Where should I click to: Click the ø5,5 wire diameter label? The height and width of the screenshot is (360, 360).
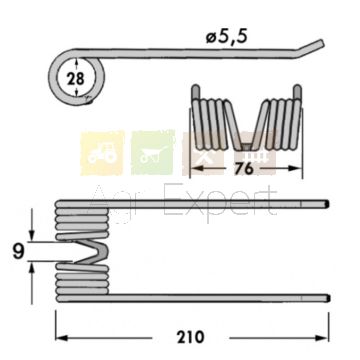227,37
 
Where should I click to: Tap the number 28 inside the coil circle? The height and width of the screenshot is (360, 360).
76,79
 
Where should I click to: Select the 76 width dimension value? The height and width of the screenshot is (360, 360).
243,169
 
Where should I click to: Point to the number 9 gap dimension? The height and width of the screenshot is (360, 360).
18,252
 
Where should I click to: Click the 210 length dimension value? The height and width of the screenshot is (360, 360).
191,337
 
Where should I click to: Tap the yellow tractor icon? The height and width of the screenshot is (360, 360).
102,153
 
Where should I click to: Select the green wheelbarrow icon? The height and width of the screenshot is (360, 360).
153,153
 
